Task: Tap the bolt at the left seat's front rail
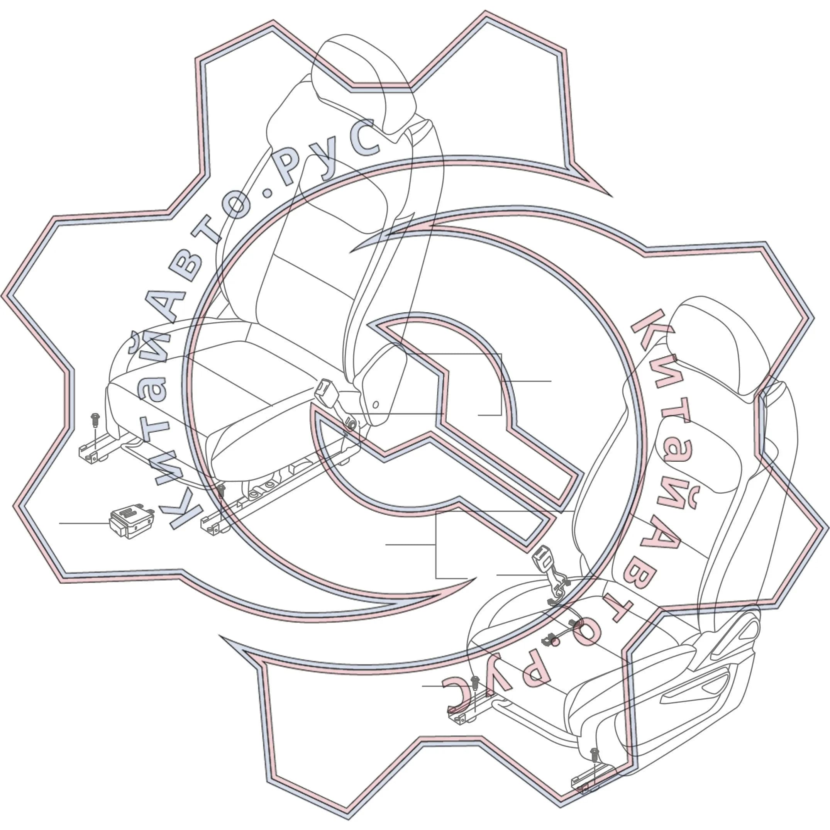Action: tap(221, 491)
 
